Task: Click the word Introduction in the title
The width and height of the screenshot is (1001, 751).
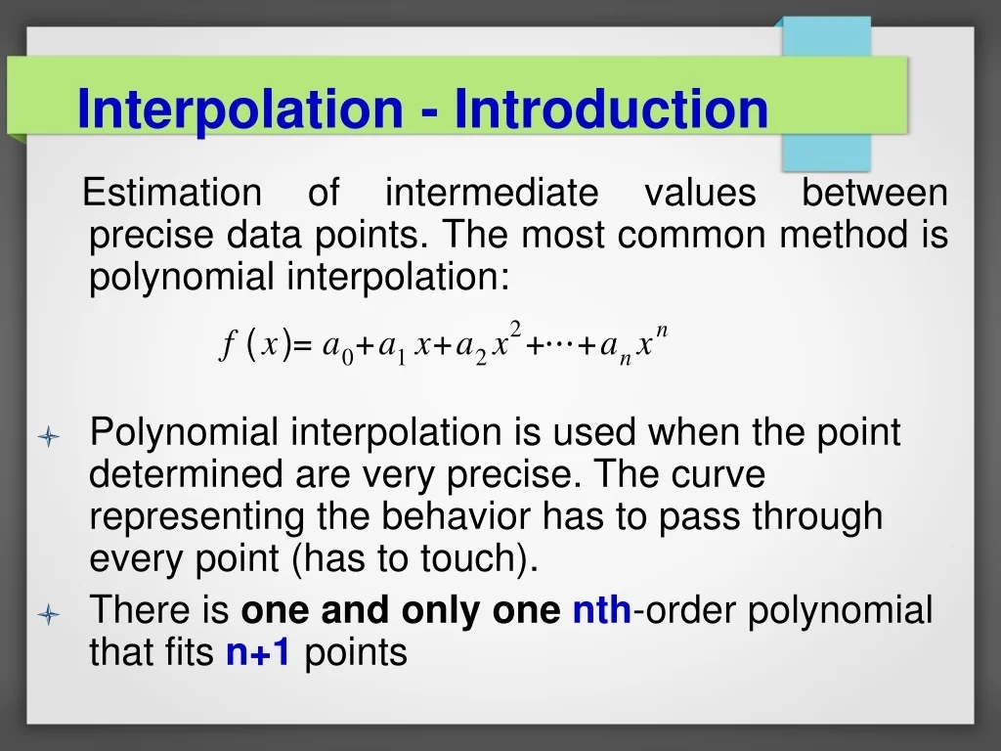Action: pyautogui.click(x=611, y=109)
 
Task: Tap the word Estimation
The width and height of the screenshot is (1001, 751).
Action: pyautogui.click(x=172, y=193)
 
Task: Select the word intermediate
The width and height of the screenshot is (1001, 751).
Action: pyautogui.click(x=491, y=193)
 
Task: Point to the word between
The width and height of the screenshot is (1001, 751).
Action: pyautogui.click(x=875, y=193)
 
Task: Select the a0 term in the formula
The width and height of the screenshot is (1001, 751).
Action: pyautogui.click(x=337, y=348)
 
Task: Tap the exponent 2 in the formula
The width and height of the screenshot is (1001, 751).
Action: pyautogui.click(x=515, y=329)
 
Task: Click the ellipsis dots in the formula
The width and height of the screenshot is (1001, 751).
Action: pyautogui.click(x=558, y=343)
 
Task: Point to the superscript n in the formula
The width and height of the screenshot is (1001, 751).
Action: pyautogui.click(x=662, y=331)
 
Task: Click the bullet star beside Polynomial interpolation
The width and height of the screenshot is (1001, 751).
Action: pyautogui.click(x=50, y=436)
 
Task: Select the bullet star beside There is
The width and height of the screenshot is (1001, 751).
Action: pyautogui.click(x=50, y=615)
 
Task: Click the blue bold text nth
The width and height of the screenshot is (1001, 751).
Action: pyautogui.click(x=601, y=611)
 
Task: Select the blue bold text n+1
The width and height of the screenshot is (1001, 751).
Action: pyautogui.click(x=258, y=652)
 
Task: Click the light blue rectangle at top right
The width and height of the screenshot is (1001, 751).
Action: pyautogui.click(x=826, y=94)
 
